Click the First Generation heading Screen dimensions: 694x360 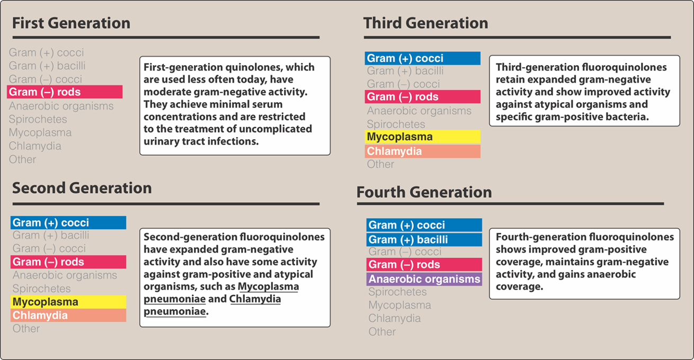(x=72, y=23)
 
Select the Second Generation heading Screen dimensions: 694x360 (x=82, y=188)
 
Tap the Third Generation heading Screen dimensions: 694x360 (x=426, y=23)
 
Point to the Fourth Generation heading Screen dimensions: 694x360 (x=424, y=192)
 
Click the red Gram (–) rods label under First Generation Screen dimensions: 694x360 (x=65, y=92)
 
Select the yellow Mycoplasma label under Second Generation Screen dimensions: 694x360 (x=68, y=302)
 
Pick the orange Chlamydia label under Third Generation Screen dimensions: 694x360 (x=423, y=151)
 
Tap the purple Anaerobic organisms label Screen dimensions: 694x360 (x=424, y=279)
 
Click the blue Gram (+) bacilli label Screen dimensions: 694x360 (x=424, y=240)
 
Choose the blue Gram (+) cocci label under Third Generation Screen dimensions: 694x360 (x=423, y=58)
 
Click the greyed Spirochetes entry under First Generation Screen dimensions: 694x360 (x=38, y=119)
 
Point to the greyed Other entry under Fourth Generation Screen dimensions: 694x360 (x=382, y=332)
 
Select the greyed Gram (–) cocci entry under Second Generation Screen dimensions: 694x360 (x=49, y=248)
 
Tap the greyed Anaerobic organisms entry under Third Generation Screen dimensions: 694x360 (x=419, y=111)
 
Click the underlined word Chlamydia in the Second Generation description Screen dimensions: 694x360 (x=255, y=299)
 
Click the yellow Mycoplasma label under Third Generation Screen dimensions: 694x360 (x=423, y=137)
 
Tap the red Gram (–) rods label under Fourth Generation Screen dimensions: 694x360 (x=424, y=265)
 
